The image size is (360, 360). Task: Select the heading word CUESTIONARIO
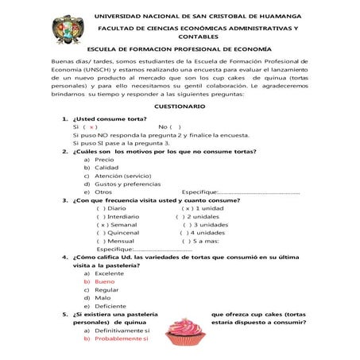coord(179,106)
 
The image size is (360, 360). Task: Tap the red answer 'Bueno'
coord(104,281)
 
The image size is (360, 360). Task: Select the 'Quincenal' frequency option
coord(118,233)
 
